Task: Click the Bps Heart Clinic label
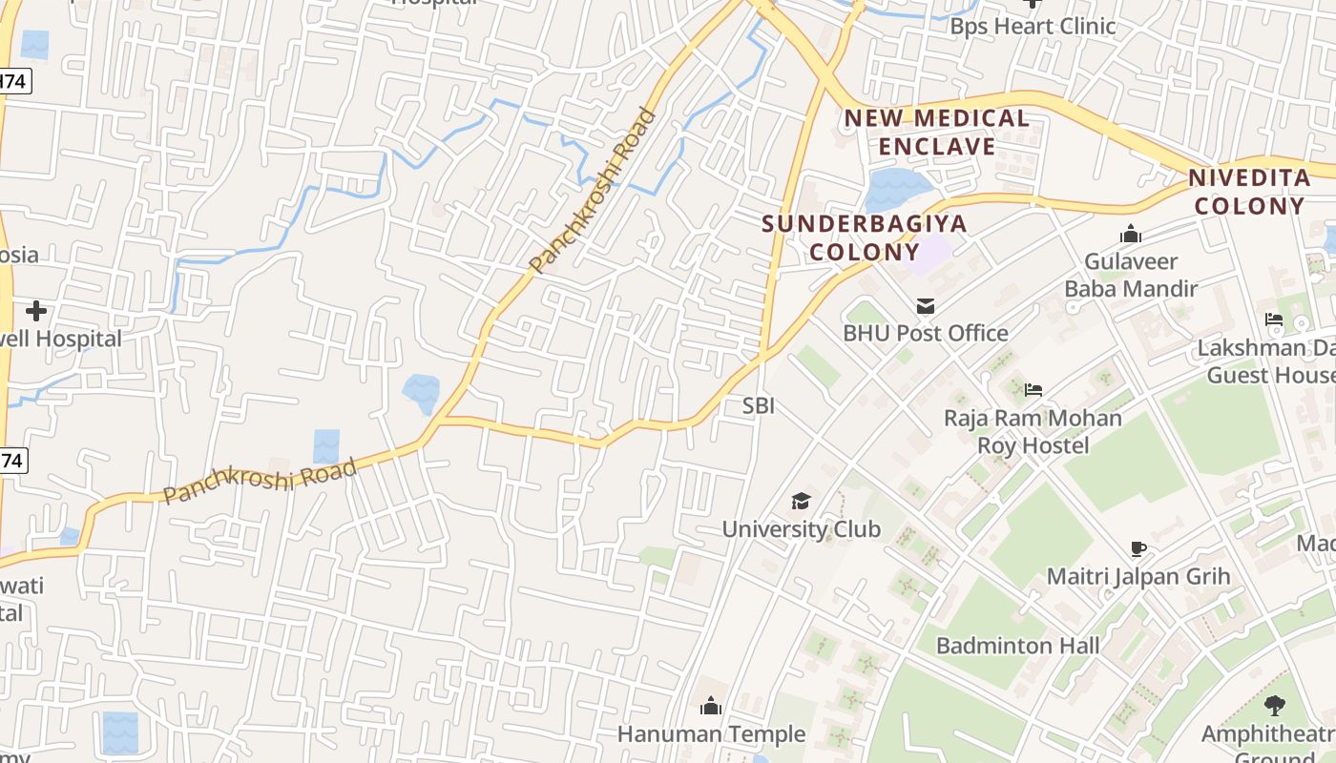pos(1033,26)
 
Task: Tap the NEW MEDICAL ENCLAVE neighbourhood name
pos(937,133)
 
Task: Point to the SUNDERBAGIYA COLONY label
pos(865,238)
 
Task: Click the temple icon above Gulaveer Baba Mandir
pos(1131,234)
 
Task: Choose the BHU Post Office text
pos(926,333)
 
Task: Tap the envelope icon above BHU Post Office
pos(925,306)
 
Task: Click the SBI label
pos(759,405)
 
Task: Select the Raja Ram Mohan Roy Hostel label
pos(1033,431)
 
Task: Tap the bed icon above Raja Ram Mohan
pos(1033,390)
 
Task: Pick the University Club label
pos(801,528)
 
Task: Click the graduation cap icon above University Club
pos(801,501)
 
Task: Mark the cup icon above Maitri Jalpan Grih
pos(1138,549)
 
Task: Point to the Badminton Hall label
pos(1017,646)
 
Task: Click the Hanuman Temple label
pos(711,734)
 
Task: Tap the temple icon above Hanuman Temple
pos(711,706)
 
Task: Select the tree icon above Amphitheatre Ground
pos(1274,706)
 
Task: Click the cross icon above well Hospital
pos(36,311)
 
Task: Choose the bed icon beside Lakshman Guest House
pos(1274,320)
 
